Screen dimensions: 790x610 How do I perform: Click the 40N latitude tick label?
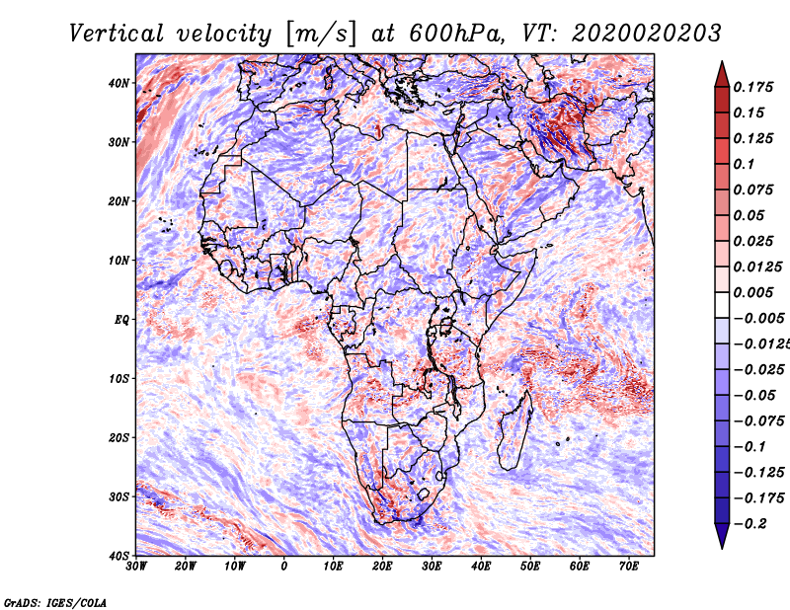click(118, 83)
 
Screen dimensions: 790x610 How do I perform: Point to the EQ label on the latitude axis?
click(121, 320)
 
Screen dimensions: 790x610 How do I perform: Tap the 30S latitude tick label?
click(118, 496)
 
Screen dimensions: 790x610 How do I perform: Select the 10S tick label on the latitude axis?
click(118, 378)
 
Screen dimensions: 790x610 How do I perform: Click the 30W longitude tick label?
click(136, 566)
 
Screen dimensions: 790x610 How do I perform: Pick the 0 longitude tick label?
click(284, 566)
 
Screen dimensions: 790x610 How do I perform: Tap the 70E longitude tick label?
click(628, 566)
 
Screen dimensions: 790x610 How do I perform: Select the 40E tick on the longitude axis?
click(481, 566)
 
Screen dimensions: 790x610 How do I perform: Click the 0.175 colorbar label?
click(753, 88)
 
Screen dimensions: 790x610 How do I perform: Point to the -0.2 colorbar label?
click(750, 524)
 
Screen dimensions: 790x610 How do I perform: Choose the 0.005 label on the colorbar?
click(753, 292)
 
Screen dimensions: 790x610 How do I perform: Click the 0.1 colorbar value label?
click(745, 164)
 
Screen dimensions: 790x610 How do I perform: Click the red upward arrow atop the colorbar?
click(722, 75)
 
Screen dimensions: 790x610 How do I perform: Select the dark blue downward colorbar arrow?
click(722, 536)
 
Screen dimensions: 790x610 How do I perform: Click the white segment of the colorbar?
click(722, 305)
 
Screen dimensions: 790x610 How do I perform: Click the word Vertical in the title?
click(117, 34)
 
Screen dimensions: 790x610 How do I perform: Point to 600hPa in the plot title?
click(456, 34)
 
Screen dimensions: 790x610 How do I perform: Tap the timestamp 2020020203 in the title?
click(647, 34)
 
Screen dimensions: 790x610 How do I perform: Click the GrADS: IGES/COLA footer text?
click(55, 602)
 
